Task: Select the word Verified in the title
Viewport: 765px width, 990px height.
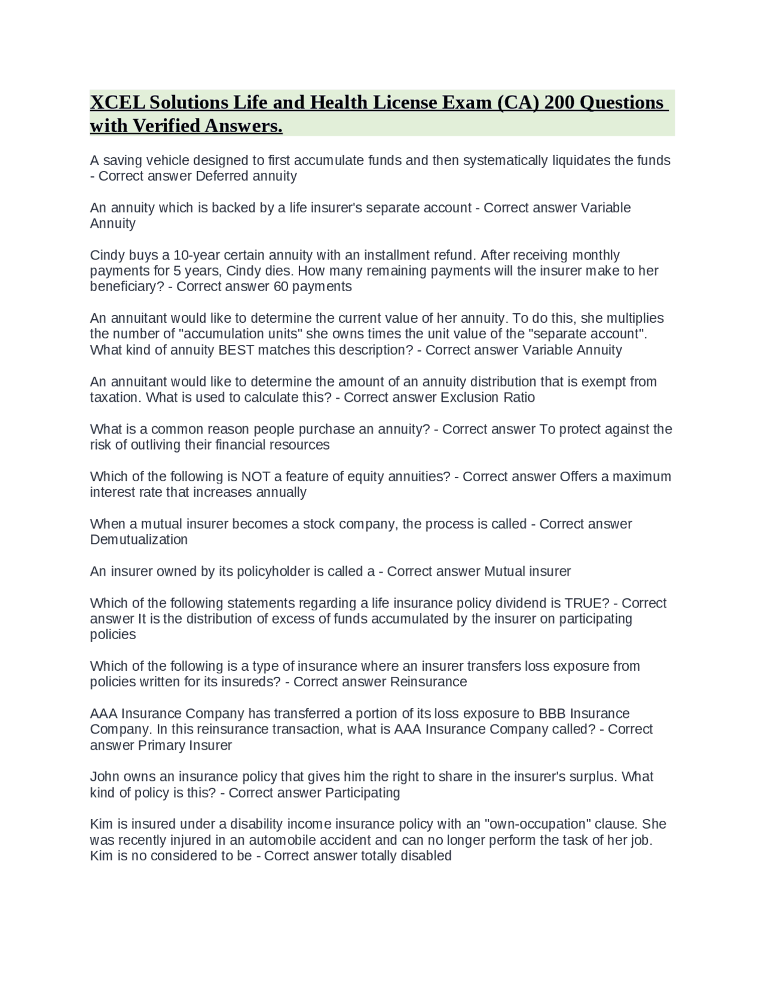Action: click(x=167, y=126)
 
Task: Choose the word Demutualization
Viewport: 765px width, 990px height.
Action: click(x=139, y=540)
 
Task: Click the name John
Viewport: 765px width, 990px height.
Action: click(x=105, y=777)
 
